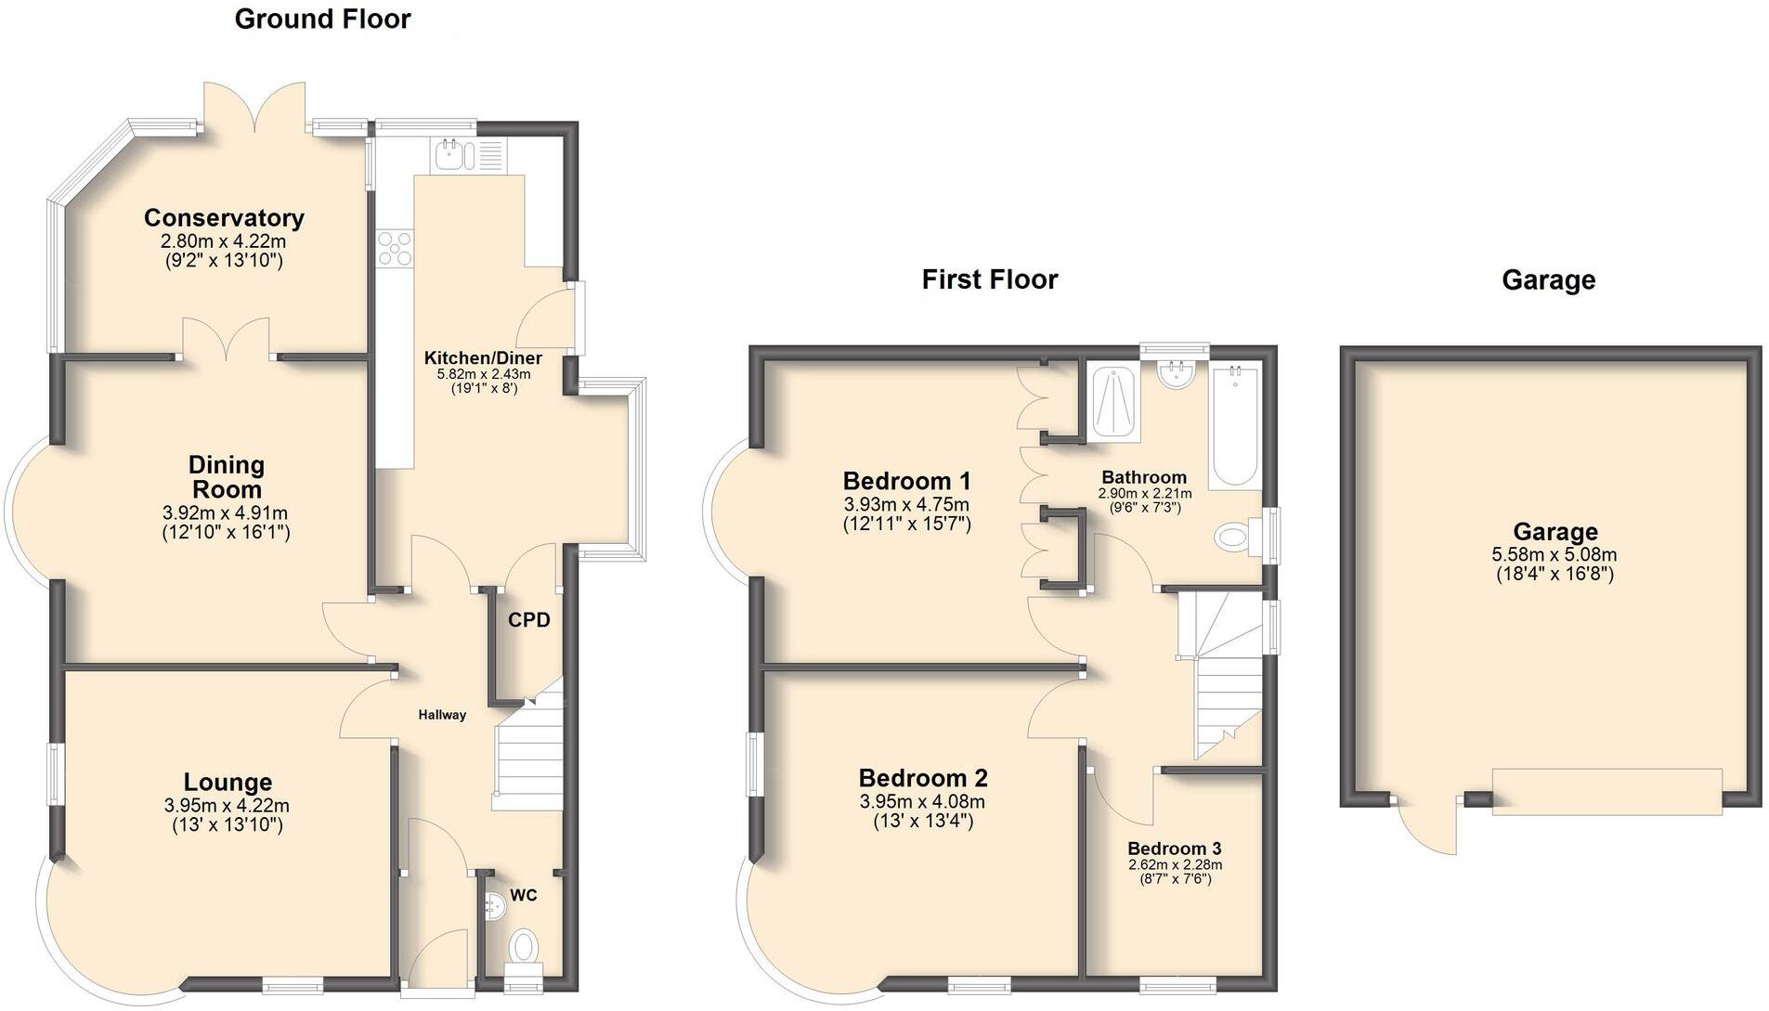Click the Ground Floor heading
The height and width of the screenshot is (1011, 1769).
322,19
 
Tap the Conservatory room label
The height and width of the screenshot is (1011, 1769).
224,218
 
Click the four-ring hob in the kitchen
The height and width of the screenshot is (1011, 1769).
395,248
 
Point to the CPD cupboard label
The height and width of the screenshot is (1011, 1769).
528,620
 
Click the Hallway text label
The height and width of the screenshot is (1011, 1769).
442,715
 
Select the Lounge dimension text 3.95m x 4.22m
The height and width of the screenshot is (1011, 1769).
227,805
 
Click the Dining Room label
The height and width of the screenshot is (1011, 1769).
226,476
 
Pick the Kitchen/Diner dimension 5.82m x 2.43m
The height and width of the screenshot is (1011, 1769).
483,374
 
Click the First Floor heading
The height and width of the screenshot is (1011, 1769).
989,279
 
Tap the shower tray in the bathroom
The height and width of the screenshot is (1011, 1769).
1112,402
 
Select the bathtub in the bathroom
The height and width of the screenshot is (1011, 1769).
1235,425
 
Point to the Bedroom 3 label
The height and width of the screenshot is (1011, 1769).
1174,849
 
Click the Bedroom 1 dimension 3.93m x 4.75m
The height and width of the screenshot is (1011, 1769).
906,504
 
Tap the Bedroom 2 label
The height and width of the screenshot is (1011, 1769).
922,778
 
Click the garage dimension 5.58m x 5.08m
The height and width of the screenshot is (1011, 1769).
1554,554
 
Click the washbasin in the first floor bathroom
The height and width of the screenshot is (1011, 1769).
1176,374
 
